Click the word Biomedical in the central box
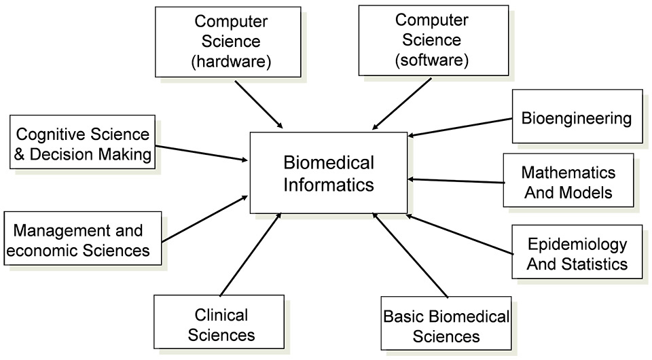[x=329, y=162]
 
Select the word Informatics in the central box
[x=329, y=184]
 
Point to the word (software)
[x=432, y=60]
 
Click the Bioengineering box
[x=577, y=118]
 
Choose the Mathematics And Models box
[x=568, y=181]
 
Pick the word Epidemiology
[x=578, y=243]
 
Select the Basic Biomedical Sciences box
[x=446, y=326]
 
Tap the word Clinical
[x=221, y=315]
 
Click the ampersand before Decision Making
[x=18, y=154]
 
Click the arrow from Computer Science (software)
[x=403, y=103]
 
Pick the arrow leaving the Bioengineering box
[x=460, y=127]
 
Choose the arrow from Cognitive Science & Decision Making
[x=201, y=153]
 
